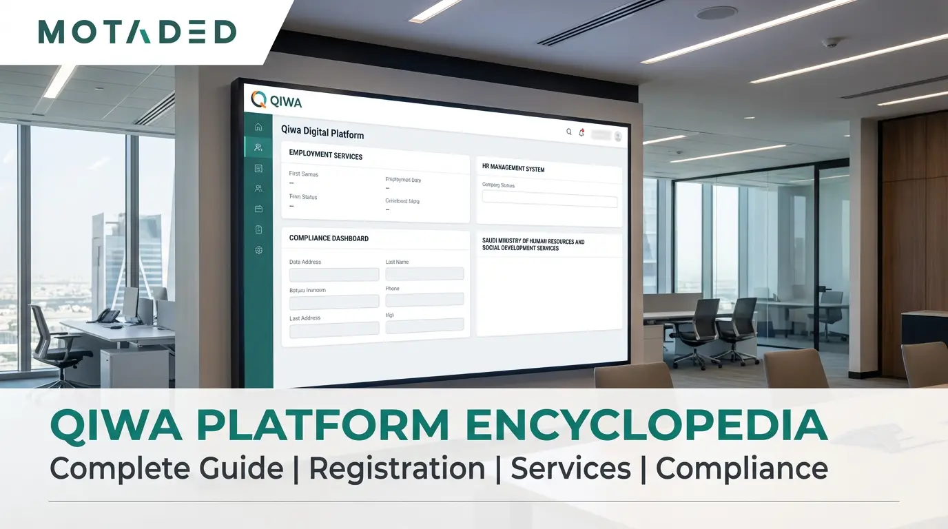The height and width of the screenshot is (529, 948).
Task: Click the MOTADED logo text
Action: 137,32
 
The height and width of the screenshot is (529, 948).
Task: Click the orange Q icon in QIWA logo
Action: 258,99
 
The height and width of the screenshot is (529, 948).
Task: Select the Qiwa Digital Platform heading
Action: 322,132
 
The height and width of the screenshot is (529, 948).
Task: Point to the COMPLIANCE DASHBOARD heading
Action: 329,238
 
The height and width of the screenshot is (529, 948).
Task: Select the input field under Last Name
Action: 424,274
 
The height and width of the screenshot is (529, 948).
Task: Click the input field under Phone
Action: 424,300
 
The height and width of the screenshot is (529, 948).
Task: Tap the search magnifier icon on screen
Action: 569,132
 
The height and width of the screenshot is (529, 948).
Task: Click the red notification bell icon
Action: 581,133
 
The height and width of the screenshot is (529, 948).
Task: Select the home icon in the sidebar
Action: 258,127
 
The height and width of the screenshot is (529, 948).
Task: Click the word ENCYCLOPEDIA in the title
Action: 646,426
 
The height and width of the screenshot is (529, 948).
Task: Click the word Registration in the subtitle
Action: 397,468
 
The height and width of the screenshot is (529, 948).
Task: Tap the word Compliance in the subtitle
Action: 741,468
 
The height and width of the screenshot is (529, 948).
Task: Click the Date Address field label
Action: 305,262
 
